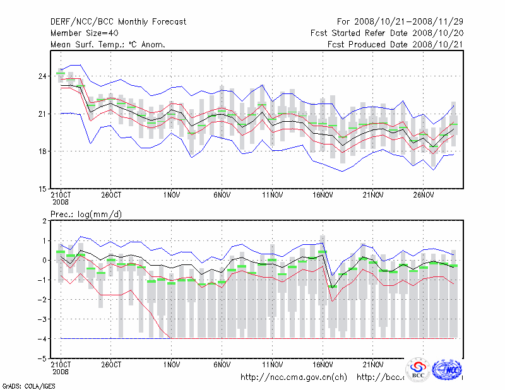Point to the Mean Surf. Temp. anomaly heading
[108, 44]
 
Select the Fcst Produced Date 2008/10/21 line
[395, 44]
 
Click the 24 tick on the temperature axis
[42, 76]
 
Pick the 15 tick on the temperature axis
[42, 189]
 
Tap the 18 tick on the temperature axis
[42, 151]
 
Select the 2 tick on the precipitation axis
[44, 221]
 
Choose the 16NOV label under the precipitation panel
[323, 364]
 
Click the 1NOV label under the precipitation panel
[172, 364]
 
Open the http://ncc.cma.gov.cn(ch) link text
[294, 377]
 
